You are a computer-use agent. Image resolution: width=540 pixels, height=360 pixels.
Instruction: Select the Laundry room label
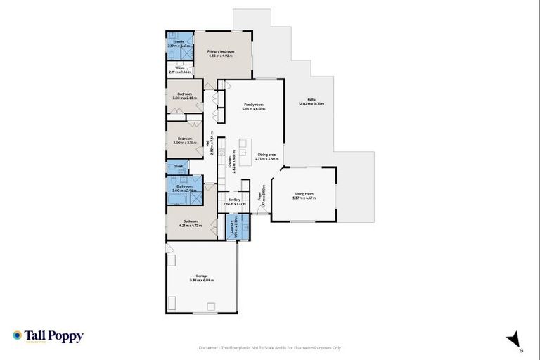point(232,227)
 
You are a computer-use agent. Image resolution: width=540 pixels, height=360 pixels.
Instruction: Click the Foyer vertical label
point(261,194)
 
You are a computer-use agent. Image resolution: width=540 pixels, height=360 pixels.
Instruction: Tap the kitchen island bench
point(243,149)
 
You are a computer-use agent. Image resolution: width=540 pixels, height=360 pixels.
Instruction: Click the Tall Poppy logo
point(48,336)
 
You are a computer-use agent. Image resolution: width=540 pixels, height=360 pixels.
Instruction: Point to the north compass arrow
point(515,338)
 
